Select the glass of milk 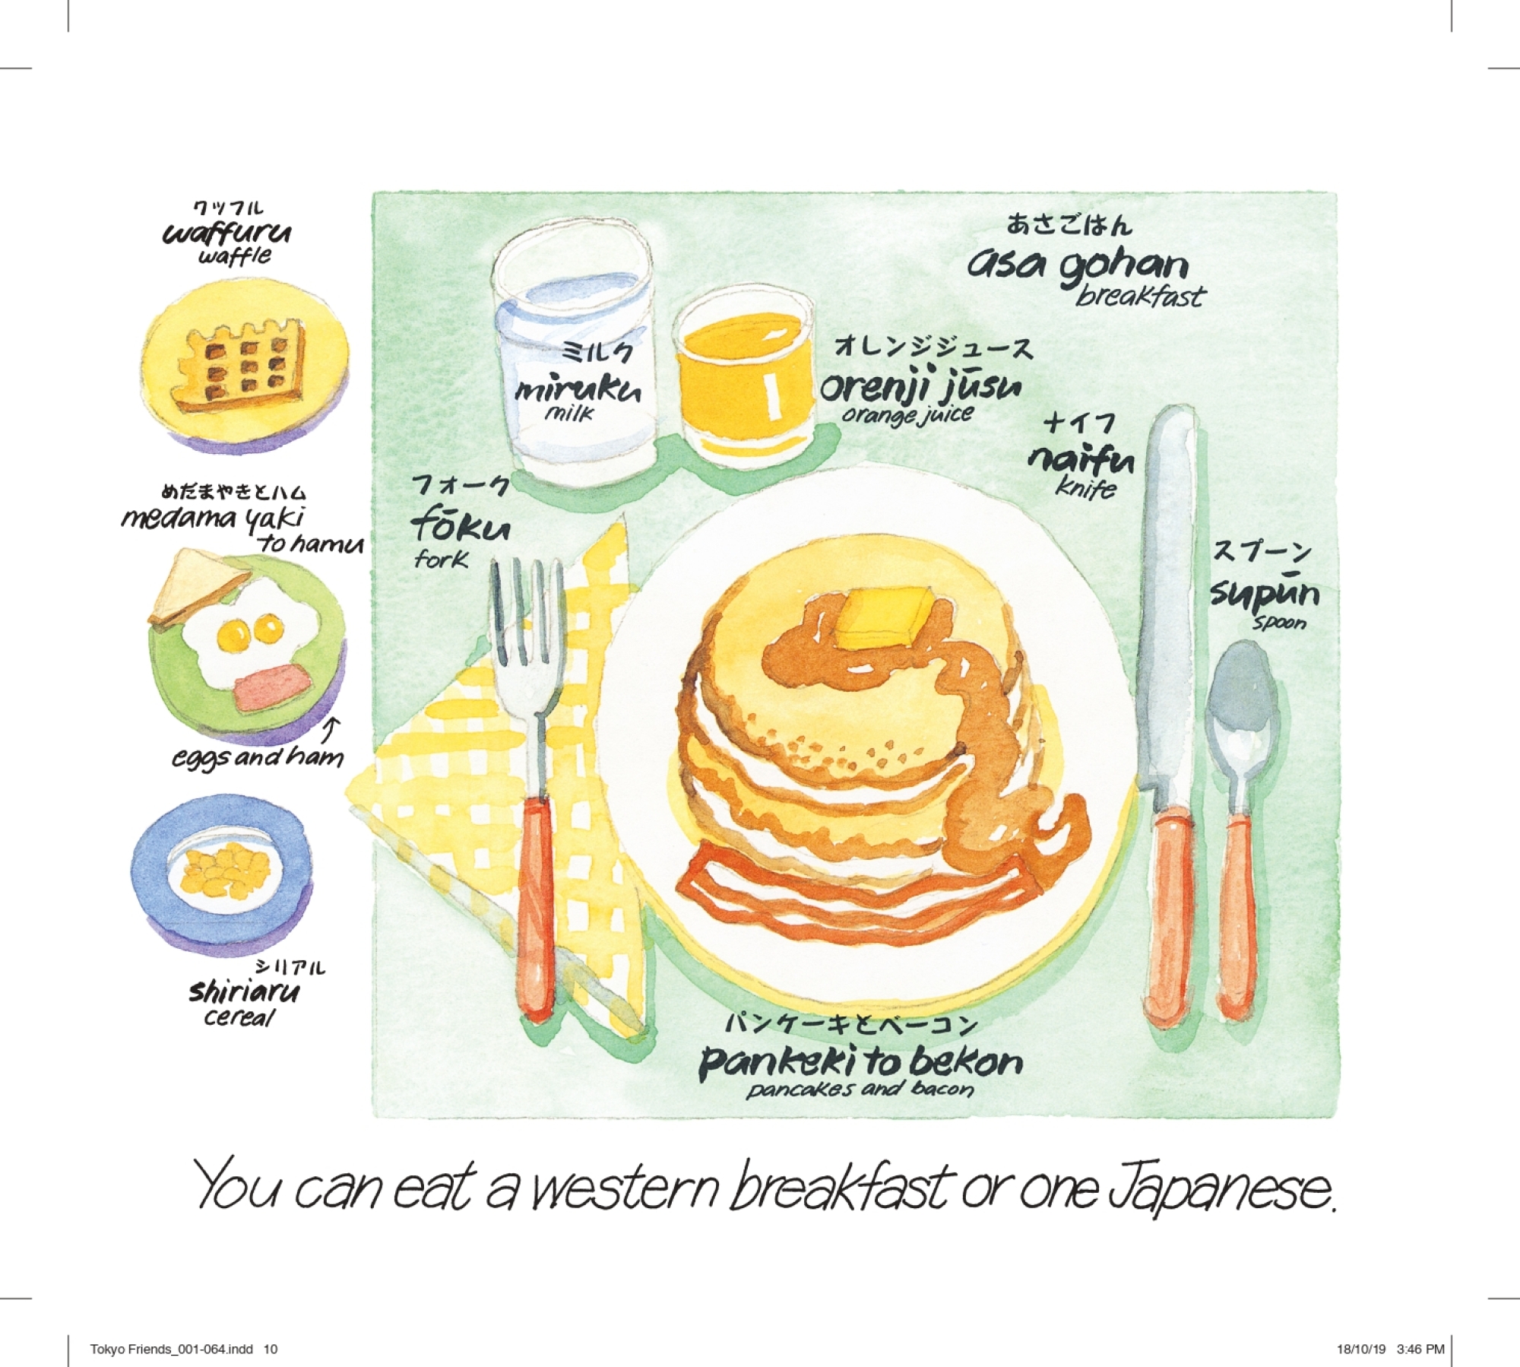(575, 357)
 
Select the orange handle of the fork (537, 905)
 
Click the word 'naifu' (1081, 458)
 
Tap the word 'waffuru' (226, 232)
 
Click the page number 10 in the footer (271, 1350)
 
